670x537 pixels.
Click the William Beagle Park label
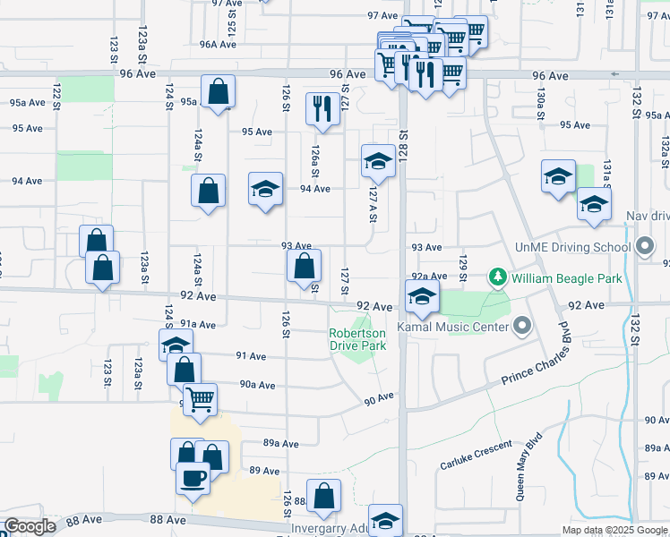coord(566,278)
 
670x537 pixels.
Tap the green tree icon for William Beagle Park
coord(499,278)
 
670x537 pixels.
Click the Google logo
coord(30,526)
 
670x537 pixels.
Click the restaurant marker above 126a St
coord(321,109)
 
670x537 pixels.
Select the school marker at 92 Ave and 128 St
coord(421,297)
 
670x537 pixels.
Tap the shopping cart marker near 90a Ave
coord(200,398)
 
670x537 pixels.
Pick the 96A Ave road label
coord(218,44)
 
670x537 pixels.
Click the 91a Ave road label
coord(198,324)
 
